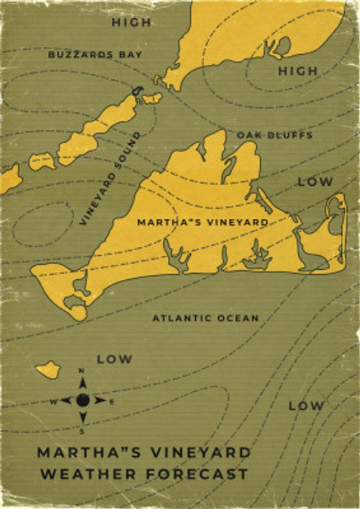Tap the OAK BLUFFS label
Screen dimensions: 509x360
[275, 136]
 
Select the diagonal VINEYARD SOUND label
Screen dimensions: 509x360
[110, 179]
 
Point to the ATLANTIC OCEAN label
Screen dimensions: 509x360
[205, 317]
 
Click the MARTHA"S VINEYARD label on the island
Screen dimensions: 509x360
[202, 222]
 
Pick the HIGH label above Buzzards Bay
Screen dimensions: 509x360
[132, 22]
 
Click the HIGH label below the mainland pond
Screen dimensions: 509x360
[298, 71]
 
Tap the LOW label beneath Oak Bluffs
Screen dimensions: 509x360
[315, 182]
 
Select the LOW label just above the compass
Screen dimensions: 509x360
[114, 359]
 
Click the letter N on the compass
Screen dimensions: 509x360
[82, 371]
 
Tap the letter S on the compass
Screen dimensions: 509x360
[82, 431]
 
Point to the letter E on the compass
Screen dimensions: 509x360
[112, 401]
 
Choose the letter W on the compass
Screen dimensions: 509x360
[53, 401]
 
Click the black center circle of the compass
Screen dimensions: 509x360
[82, 400]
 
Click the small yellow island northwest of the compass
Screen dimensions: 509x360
[48, 369]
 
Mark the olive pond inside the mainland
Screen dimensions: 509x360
[281, 46]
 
